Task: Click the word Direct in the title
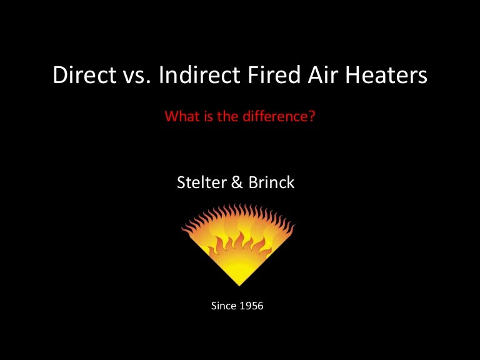coord(79,76)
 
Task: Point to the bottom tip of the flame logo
coord(239,285)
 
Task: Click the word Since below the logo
coord(224,306)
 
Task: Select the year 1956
coord(253,306)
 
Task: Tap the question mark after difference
coord(311,116)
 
